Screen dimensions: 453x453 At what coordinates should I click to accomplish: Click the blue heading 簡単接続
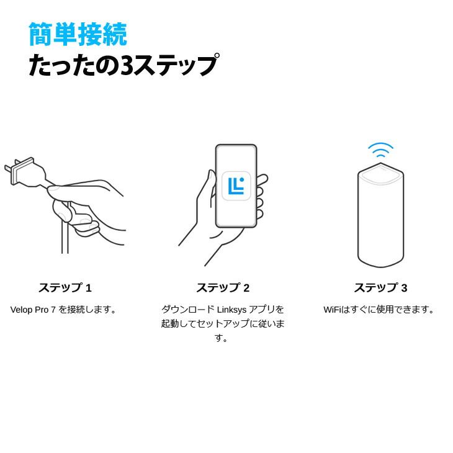click(78, 34)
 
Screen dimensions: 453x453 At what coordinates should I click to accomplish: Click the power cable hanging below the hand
click(65, 239)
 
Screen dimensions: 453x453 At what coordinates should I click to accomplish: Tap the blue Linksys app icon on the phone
click(236, 186)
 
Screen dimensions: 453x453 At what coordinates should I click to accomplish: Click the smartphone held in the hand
click(236, 186)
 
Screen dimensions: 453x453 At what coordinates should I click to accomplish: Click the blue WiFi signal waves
click(380, 150)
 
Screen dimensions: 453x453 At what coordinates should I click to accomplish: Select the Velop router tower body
click(380, 223)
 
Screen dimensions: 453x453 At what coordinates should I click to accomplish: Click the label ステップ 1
click(65, 288)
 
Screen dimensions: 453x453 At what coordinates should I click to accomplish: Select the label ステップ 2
click(223, 288)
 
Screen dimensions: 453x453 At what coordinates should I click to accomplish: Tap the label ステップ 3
click(380, 288)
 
